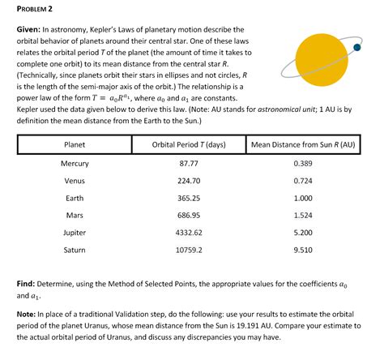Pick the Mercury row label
click(75, 164)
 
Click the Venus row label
click(75, 181)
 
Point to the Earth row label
click(75, 198)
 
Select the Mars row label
click(75, 215)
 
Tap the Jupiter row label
click(75, 233)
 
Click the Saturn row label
click(75, 250)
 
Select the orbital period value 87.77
click(189, 164)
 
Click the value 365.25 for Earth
click(189, 198)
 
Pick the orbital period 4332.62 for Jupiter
click(189, 233)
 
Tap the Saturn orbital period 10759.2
click(189, 250)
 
